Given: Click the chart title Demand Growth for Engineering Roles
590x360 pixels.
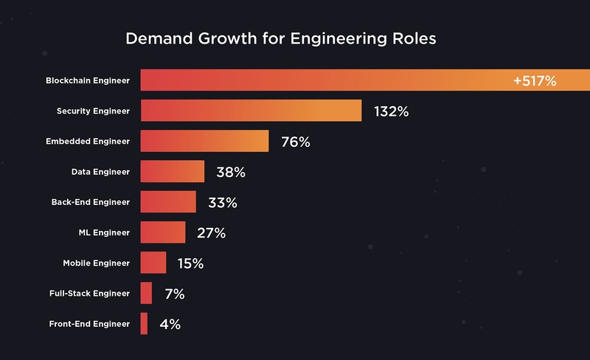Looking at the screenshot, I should (x=280, y=39).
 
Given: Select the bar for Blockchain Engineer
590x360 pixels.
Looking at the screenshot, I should (x=324, y=80).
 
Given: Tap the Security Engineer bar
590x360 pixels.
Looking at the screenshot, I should (x=251, y=111).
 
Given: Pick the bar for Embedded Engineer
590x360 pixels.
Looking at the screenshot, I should (x=204, y=141).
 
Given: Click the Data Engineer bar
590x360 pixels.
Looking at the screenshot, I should (x=172, y=172).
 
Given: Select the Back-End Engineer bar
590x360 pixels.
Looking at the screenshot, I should (x=168, y=202).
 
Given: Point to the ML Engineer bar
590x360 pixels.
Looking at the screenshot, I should (x=162, y=232).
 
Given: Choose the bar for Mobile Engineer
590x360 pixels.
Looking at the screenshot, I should (x=153, y=263).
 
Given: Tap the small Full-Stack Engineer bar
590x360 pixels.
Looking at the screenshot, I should (x=146, y=293).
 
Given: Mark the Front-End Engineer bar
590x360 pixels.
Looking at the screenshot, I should (x=144, y=323).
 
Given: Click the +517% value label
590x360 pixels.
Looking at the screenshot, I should (x=535, y=80).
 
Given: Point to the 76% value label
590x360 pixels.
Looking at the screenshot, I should (x=295, y=142).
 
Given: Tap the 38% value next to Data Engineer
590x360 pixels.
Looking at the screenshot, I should (x=230, y=173).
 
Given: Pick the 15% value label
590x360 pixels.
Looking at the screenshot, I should (x=190, y=263).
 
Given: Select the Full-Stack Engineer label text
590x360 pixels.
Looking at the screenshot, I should (x=90, y=293).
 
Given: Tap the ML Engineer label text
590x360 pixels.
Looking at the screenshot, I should (x=105, y=232).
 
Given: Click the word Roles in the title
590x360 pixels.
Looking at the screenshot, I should (x=410, y=39).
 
